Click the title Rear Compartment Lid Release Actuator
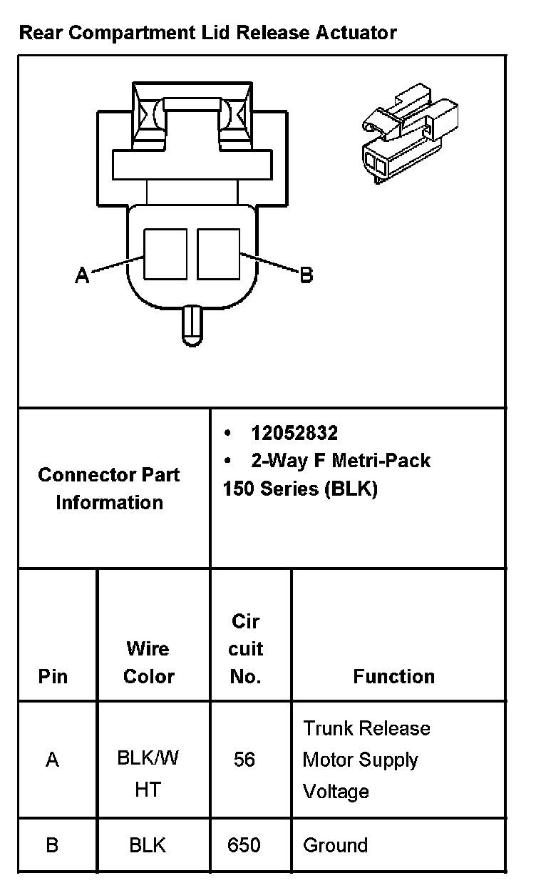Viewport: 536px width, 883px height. click(x=207, y=33)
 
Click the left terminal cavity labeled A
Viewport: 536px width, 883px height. click(x=165, y=254)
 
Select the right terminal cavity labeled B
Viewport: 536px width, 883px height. click(x=218, y=254)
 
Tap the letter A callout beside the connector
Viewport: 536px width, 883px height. click(x=83, y=275)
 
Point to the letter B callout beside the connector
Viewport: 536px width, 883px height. click(x=306, y=275)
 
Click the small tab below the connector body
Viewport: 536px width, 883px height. click(x=192, y=325)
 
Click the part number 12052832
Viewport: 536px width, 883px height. click(x=294, y=433)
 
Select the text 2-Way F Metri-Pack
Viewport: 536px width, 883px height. click(x=341, y=461)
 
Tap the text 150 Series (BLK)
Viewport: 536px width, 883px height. click(x=300, y=489)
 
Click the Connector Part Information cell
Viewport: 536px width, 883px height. click(x=109, y=489)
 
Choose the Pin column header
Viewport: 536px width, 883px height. click(x=53, y=675)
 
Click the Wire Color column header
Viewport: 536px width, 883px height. click(x=148, y=662)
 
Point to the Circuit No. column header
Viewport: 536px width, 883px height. click(x=245, y=648)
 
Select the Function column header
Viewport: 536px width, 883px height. click(x=393, y=675)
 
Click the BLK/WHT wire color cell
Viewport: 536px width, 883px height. click(x=148, y=773)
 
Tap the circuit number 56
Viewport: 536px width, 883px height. click(x=244, y=760)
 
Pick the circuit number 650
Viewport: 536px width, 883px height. click(x=244, y=845)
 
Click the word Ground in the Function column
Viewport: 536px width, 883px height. click(x=335, y=845)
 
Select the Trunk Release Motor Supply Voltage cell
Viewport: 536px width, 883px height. click(x=366, y=760)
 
